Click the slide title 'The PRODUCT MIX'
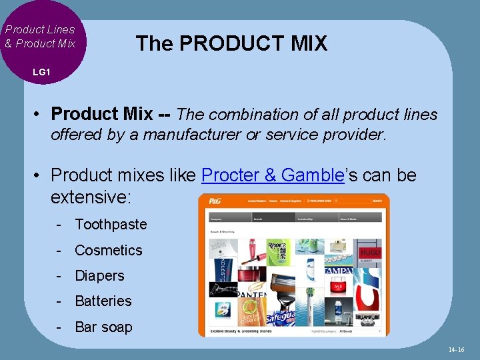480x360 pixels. (x=231, y=44)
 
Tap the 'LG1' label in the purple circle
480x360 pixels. (x=41, y=71)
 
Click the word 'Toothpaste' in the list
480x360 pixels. (x=111, y=225)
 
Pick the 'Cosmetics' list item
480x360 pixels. (x=109, y=251)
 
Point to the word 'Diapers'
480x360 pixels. (x=99, y=276)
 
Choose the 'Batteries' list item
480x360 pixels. (x=103, y=301)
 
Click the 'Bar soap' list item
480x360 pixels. (x=103, y=327)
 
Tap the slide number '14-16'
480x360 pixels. (x=457, y=350)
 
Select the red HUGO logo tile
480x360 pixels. (x=370, y=253)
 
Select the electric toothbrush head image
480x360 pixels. (x=310, y=310)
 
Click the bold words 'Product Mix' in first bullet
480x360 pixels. (x=101, y=115)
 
